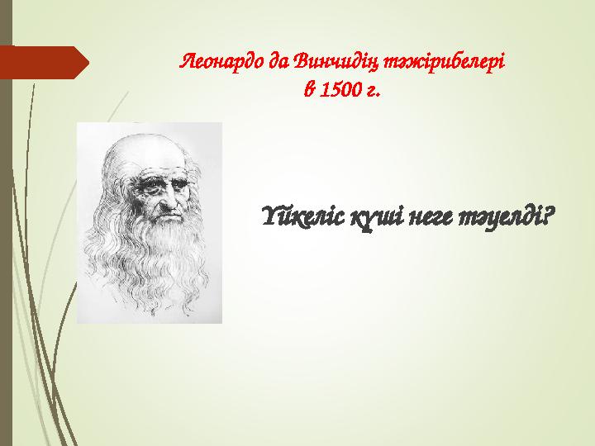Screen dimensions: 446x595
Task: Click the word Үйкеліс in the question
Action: pos(302,220)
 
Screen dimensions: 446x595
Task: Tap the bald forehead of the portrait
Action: pos(149,153)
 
